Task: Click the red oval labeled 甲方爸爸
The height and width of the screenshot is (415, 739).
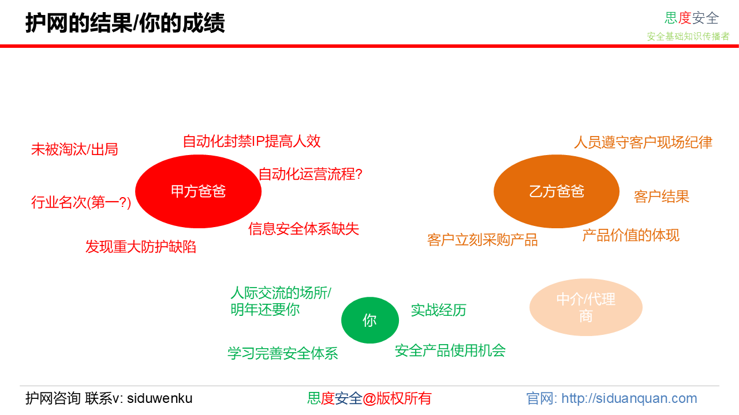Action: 198,191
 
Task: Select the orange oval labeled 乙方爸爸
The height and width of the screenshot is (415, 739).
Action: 557,191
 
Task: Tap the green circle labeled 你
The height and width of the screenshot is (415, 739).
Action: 370,320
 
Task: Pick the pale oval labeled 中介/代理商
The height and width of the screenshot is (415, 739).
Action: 586,307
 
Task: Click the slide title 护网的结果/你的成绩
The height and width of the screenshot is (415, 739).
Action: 125,23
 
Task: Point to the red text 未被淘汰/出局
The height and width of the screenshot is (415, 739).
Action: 74,149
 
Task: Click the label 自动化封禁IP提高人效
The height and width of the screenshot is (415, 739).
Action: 252,141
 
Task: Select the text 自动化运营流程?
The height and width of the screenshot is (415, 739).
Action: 311,174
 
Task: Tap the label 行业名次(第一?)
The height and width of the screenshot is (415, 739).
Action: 81,202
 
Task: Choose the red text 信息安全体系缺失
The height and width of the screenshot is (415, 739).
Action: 304,229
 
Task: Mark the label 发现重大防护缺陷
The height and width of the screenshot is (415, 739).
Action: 141,247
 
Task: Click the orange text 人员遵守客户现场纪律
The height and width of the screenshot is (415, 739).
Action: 643,142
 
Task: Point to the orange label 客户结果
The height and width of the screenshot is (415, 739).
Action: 662,197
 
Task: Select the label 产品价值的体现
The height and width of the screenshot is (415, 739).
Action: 631,236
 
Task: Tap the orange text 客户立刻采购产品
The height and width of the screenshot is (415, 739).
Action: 482,240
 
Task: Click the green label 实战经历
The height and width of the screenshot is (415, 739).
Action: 438,310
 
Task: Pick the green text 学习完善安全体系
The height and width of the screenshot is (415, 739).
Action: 283,353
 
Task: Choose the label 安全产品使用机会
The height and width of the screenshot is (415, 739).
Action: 450,351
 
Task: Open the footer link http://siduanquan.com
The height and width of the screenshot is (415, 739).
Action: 629,398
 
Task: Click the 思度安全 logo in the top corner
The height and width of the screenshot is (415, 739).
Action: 692,18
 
